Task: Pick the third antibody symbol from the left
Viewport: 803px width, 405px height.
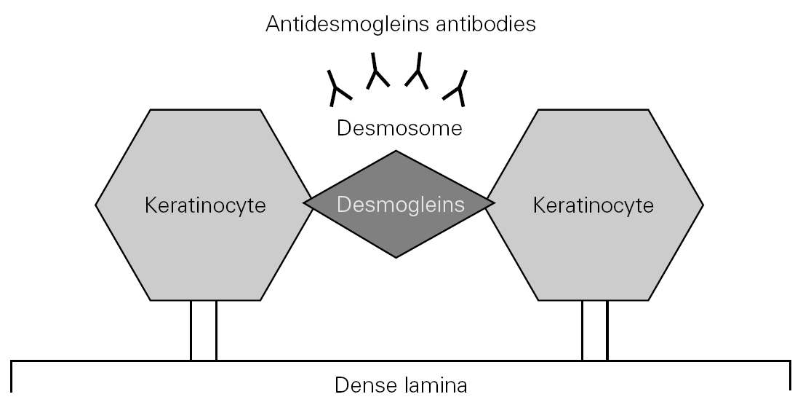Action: tap(418, 71)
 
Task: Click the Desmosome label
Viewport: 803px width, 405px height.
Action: tap(399, 129)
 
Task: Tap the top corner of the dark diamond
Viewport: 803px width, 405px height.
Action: tap(396, 152)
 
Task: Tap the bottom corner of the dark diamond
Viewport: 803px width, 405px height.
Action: tap(396, 256)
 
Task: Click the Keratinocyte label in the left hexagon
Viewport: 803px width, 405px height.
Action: tap(206, 205)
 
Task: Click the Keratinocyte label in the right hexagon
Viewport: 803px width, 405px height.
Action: tap(593, 205)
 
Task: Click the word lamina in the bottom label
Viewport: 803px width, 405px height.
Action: tap(434, 385)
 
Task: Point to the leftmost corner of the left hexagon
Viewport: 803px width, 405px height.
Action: tap(96, 205)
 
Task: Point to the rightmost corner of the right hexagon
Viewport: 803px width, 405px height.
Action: tap(703, 205)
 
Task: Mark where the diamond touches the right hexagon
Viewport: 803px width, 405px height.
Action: tap(487, 205)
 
